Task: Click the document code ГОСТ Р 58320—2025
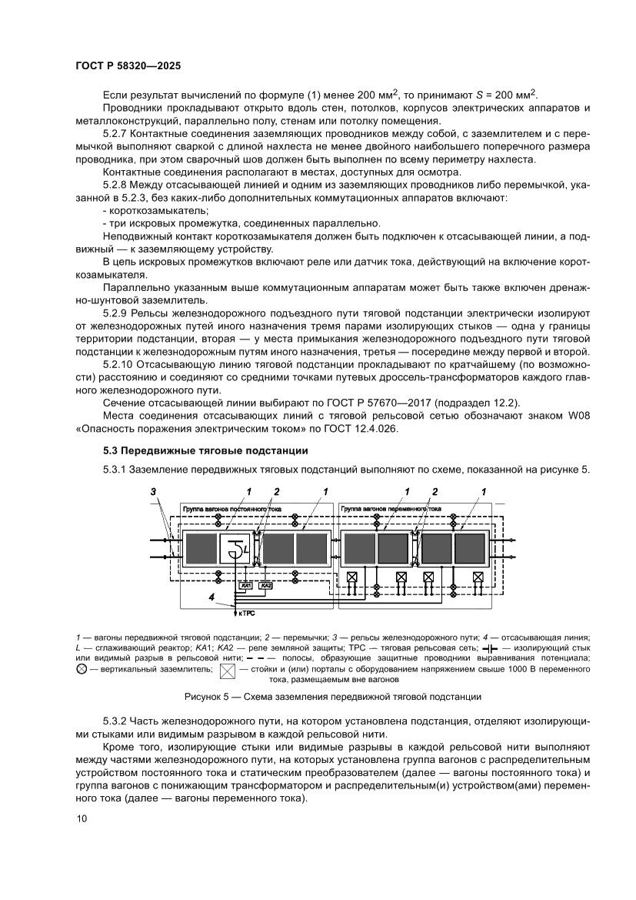(128, 66)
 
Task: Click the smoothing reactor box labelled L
(236, 547)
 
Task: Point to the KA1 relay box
(247, 586)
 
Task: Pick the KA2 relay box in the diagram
(266, 586)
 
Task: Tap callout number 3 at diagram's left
(153, 491)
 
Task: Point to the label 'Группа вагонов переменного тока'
(391, 509)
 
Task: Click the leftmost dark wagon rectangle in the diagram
(201, 547)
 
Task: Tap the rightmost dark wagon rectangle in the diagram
(469, 547)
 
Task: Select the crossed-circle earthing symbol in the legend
(82, 670)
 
